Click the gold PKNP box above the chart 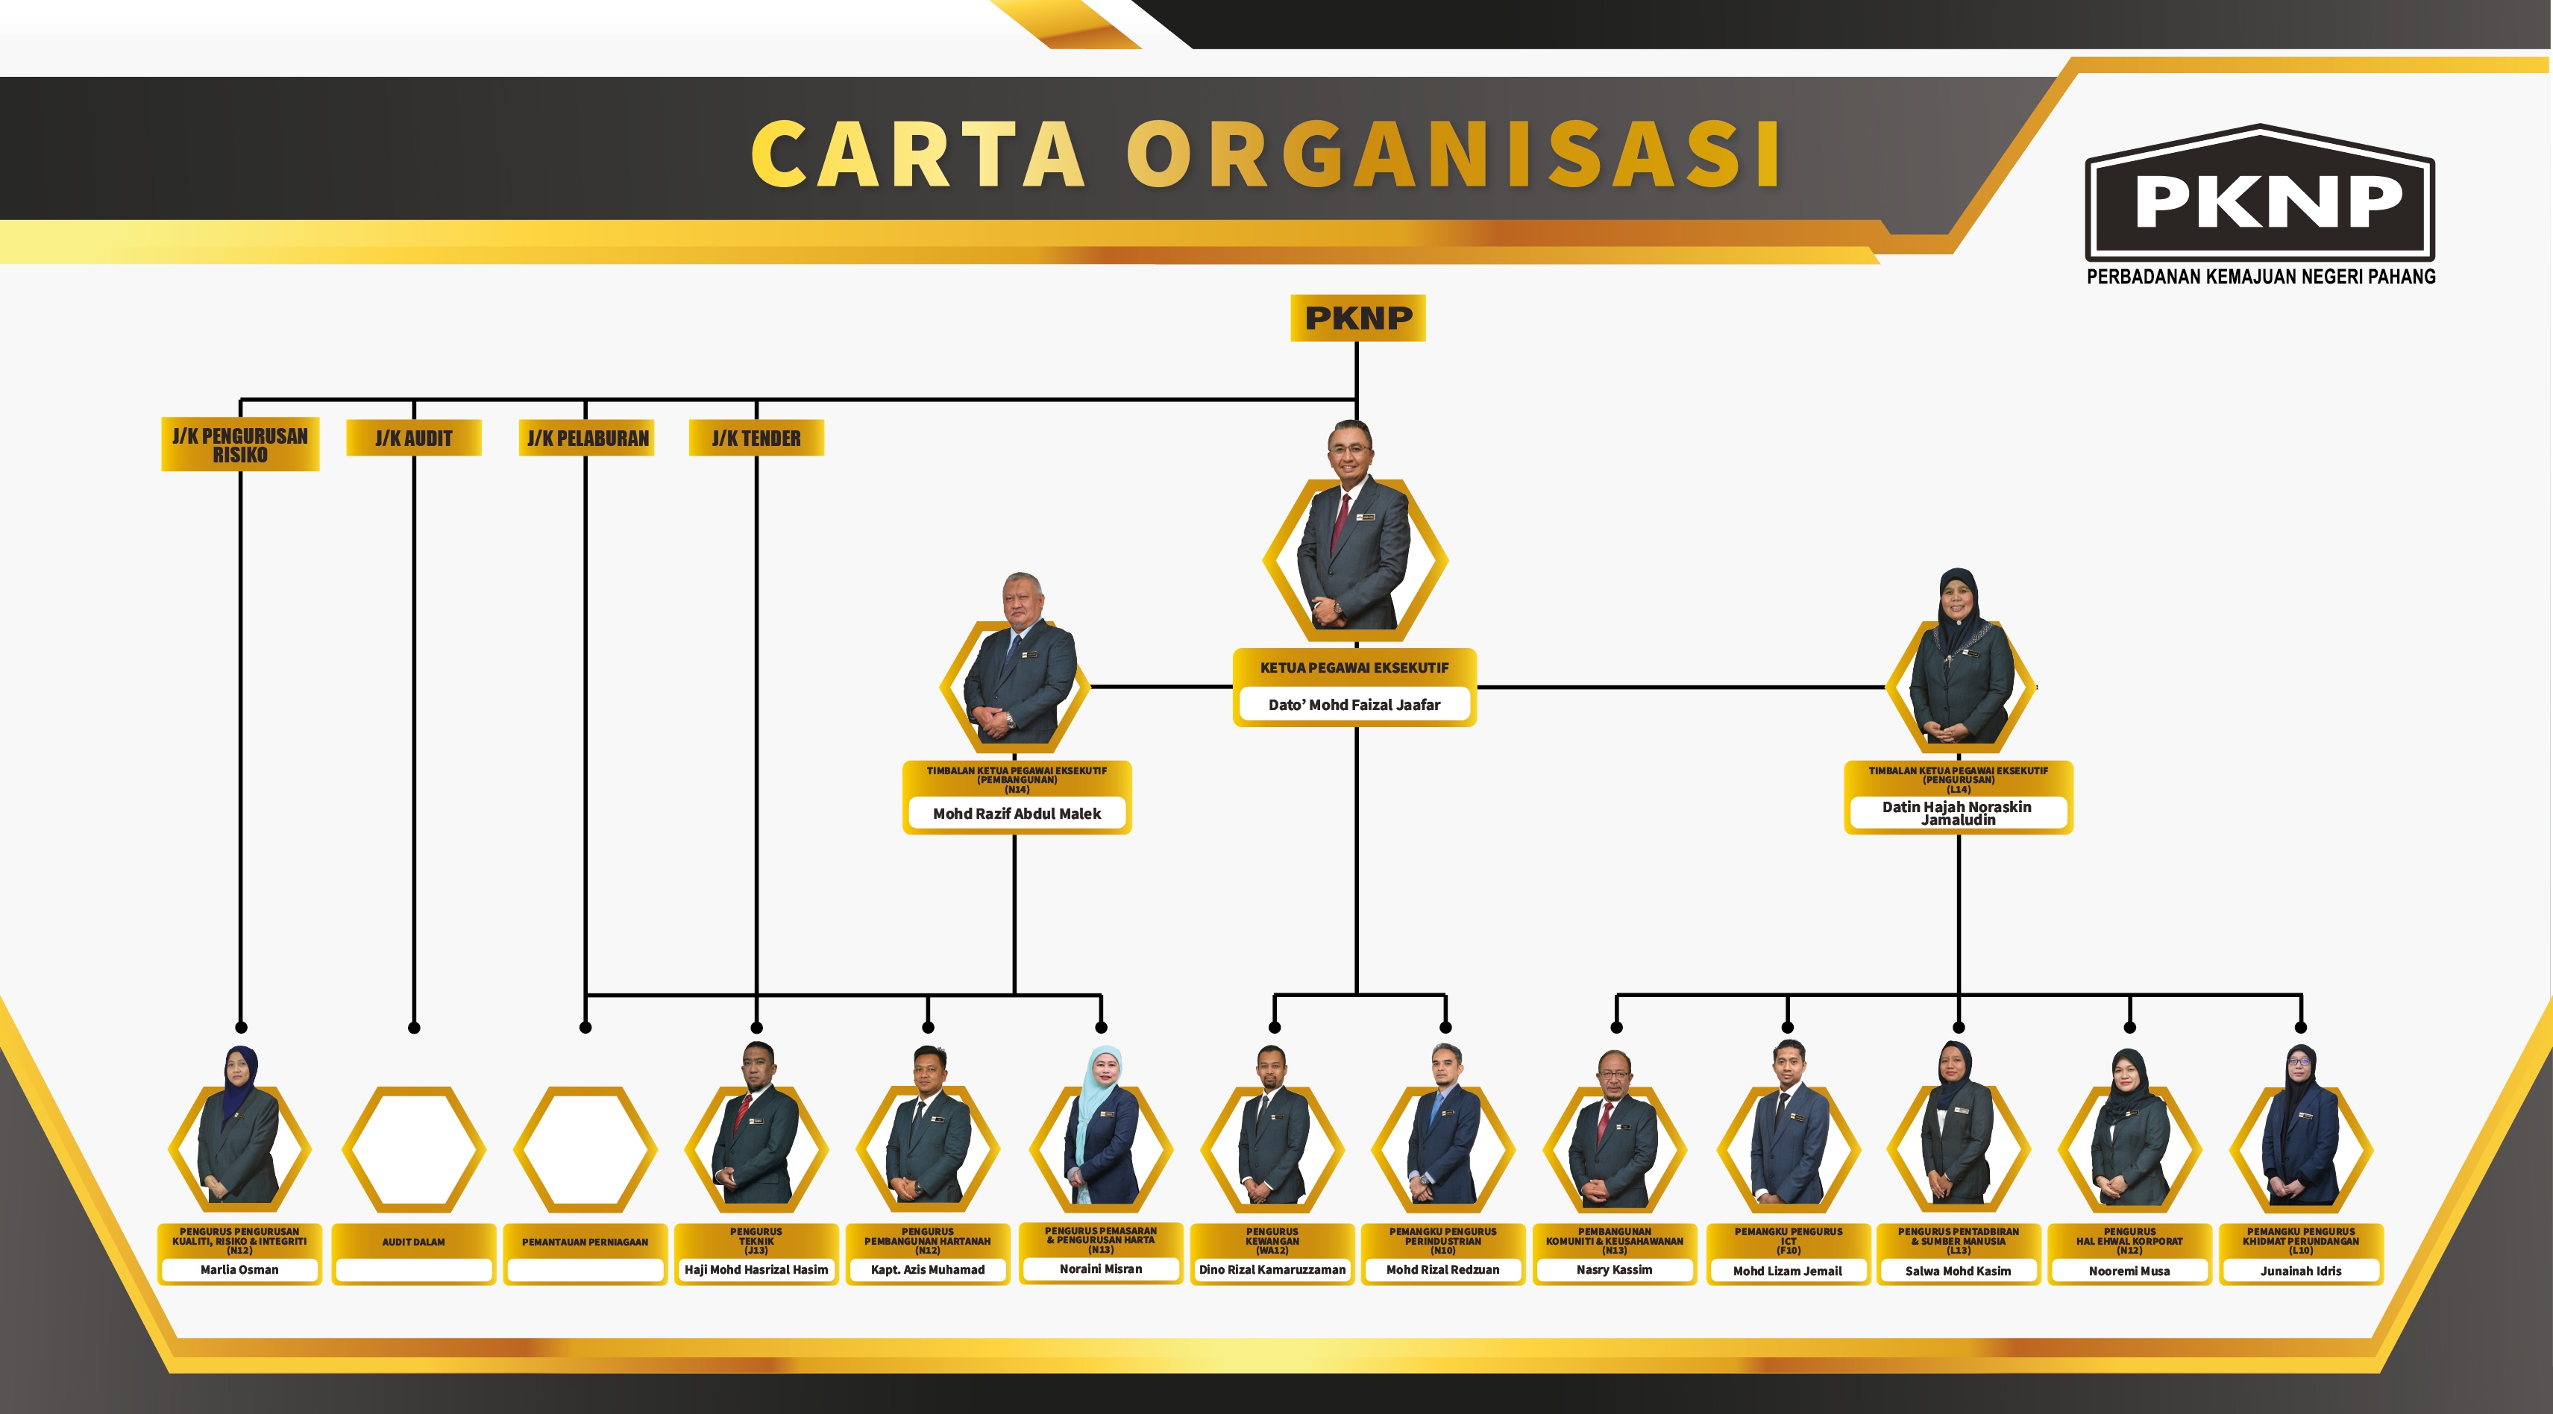pyautogui.click(x=1357, y=318)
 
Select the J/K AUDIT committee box pyautogui.click(x=413, y=438)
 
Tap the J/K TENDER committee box pyautogui.click(x=756, y=438)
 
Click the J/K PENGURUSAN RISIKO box pyautogui.click(x=240, y=445)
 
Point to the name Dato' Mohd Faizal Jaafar pyautogui.click(x=1354, y=705)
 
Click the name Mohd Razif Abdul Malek pyautogui.click(x=1016, y=814)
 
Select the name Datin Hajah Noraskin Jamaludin pyautogui.click(x=1957, y=814)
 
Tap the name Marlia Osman pyautogui.click(x=240, y=1269)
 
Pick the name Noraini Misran pyautogui.click(x=1100, y=1269)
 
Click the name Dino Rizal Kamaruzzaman pyautogui.click(x=1272, y=1269)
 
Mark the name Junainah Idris pyautogui.click(x=2300, y=1270)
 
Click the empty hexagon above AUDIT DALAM pyautogui.click(x=413, y=1149)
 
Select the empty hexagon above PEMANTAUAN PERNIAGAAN pyautogui.click(x=585, y=1149)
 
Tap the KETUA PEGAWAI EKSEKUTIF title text pyautogui.click(x=1354, y=668)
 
